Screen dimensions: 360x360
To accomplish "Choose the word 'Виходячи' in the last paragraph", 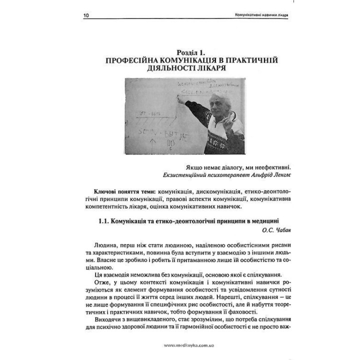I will (108, 320).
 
